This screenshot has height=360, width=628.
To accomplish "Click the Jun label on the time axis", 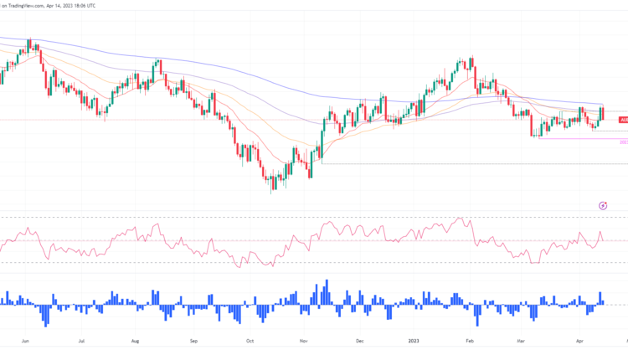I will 26,342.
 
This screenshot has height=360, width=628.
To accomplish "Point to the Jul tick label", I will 81,342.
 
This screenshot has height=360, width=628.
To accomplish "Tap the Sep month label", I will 193,342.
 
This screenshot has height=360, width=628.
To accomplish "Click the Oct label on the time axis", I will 250,342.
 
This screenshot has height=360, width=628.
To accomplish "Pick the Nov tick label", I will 305,342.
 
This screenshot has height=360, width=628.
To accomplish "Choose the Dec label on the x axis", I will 359,342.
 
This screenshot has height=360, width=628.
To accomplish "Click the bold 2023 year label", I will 414,342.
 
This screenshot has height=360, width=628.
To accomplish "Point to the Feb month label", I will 470,342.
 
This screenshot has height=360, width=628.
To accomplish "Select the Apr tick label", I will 579,342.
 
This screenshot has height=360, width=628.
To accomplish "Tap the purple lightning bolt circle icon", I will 603,205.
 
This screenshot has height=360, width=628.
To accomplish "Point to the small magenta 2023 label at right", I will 622,142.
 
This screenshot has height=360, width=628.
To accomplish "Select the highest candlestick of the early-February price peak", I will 461,64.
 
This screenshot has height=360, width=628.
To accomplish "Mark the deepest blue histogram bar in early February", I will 478,316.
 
